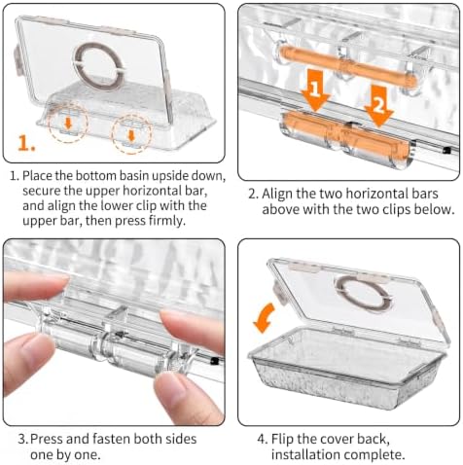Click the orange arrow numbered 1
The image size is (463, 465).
315,89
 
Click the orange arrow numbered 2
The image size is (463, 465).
378,106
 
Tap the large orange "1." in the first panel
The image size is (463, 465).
26,143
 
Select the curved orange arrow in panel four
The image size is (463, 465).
264,319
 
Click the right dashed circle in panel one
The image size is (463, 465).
112,133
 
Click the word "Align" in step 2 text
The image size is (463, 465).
277,195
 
